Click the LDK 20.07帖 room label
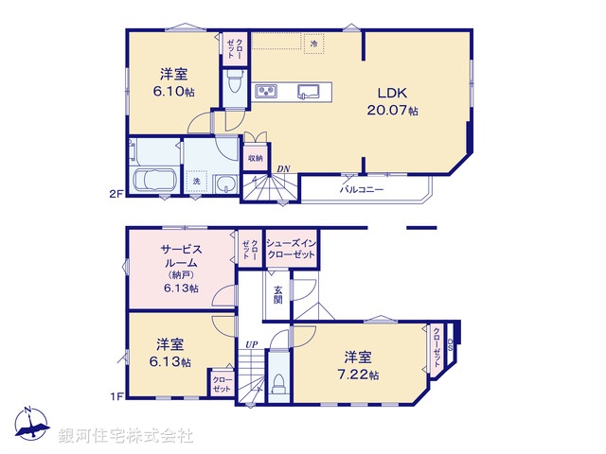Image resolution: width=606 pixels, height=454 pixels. pyautogui.click(x=392, y=101)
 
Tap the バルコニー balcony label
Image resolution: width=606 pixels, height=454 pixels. pyautogui.click(x=362, y=189)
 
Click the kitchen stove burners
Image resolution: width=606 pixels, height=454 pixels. pyautogui.click(x=266, y=92)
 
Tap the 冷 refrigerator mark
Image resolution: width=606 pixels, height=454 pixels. pyautogui.click(x=312, y=44)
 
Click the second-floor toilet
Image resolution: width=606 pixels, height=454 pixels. pyautogui.click(x=235, y=85)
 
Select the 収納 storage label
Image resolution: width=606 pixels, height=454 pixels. pyautogui.click(x=256, y=158)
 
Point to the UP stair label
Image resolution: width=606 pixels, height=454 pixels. pyautogui.click(x=252, y=344)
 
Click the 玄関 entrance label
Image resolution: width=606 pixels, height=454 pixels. pyautogui.click(x=277, y=294)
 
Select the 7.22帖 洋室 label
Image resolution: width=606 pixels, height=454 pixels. pyautogui.click(x=362, y=366)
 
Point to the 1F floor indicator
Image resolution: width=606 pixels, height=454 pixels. pyautogui.click(x=116, y=397)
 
